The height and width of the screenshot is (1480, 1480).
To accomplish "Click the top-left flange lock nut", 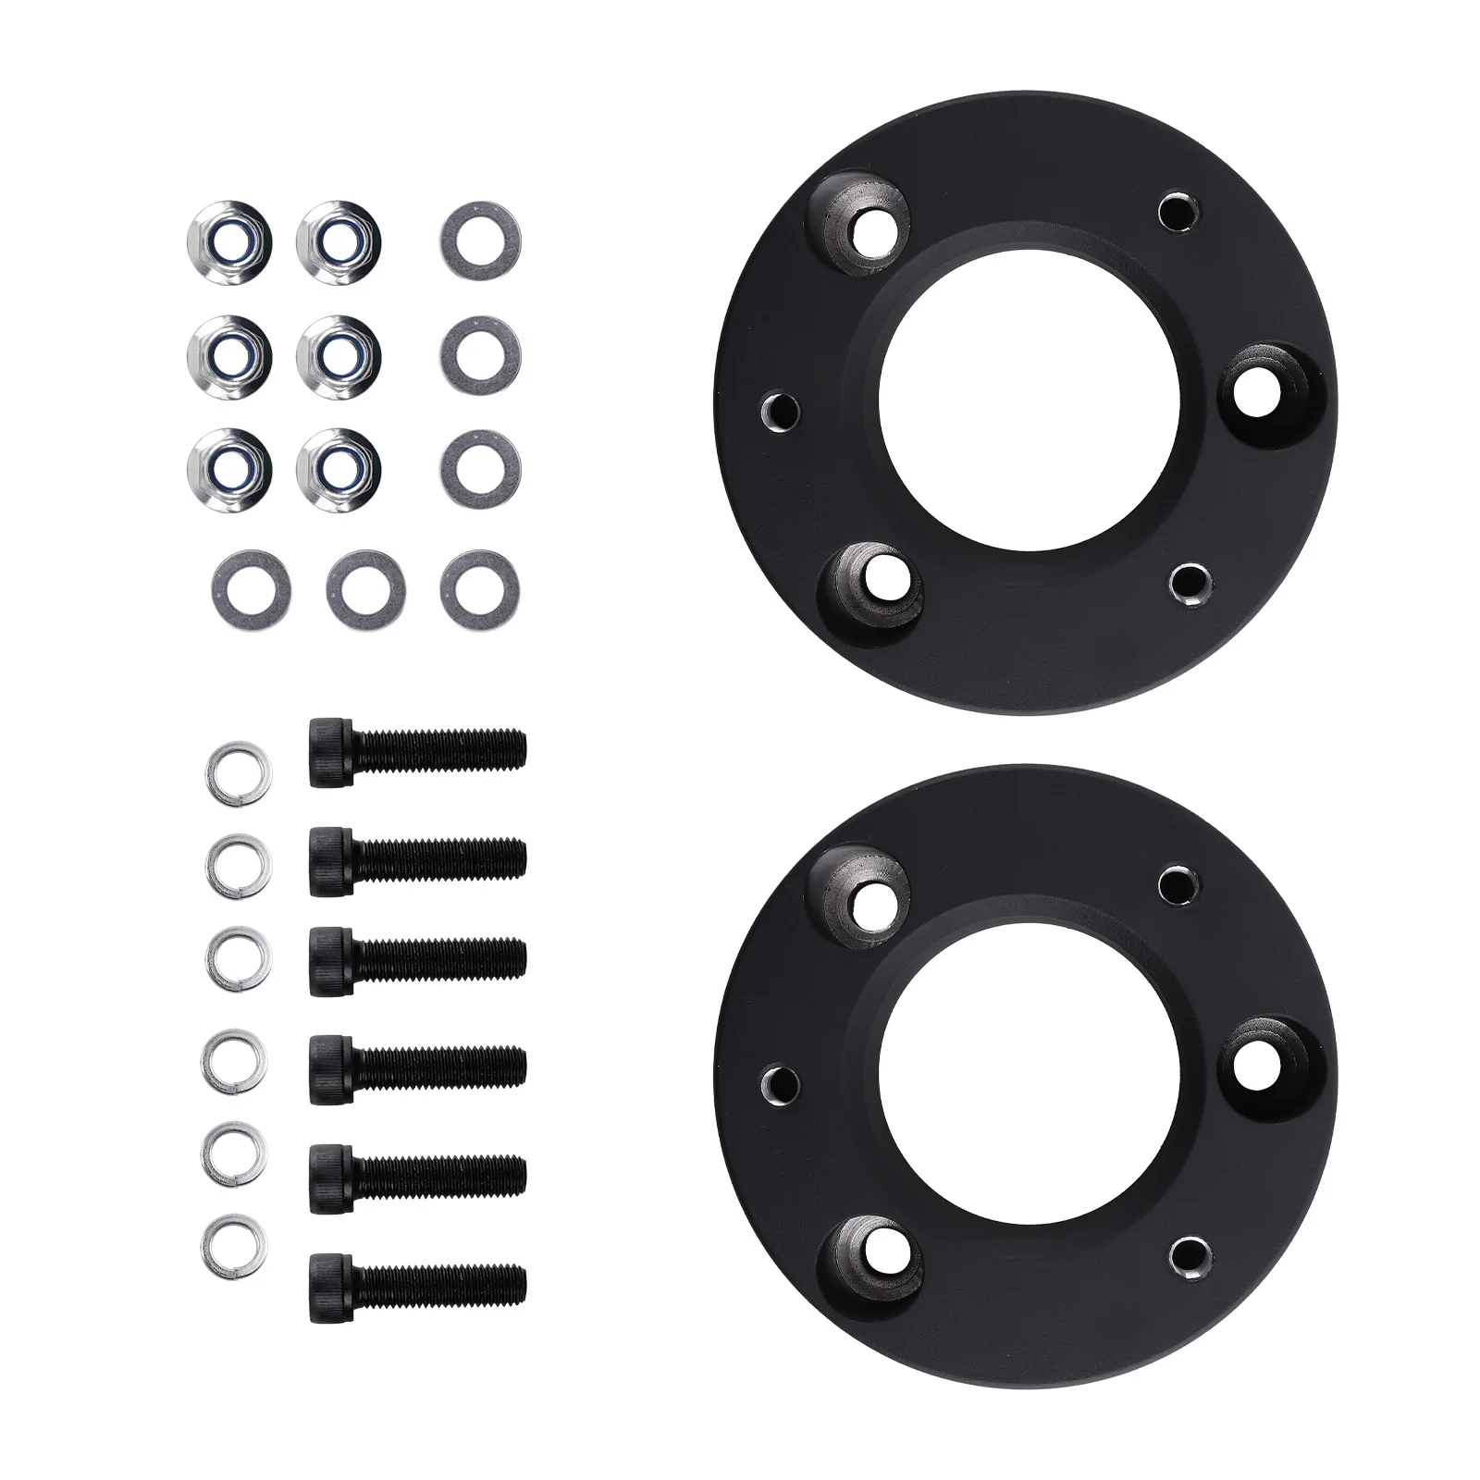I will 228,242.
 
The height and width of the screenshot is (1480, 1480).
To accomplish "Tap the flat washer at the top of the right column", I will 480,242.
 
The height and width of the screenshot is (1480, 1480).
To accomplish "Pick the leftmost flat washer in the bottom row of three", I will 251,589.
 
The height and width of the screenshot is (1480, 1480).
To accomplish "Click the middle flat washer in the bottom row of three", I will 366,591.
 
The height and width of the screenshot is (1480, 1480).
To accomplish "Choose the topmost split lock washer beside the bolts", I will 239,770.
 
